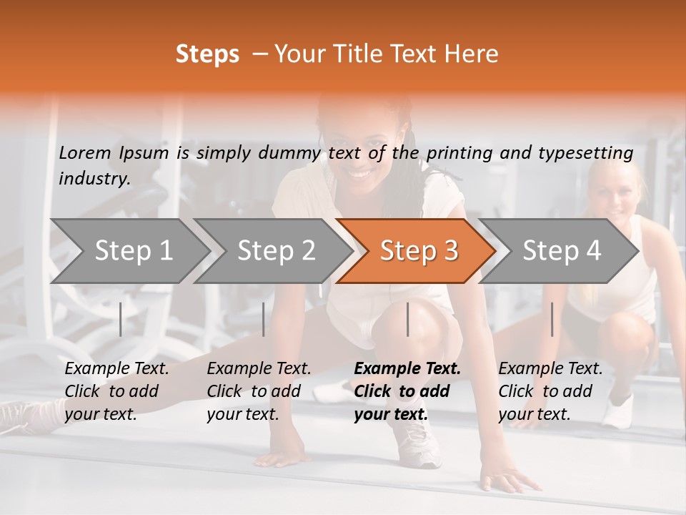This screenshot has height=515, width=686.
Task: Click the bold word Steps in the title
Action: coord(207,54)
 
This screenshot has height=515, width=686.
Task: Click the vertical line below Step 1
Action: coord(121,319)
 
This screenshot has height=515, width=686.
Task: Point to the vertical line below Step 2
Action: coord(264,319)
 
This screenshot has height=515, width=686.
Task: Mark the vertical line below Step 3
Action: coord(408,319)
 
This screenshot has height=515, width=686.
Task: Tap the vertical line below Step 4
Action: coord(552,319)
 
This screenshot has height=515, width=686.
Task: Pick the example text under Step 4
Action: coord(550,391)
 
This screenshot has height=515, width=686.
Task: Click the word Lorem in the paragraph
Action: coord(85,152)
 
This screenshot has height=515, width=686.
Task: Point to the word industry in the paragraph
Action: coord(94,179)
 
